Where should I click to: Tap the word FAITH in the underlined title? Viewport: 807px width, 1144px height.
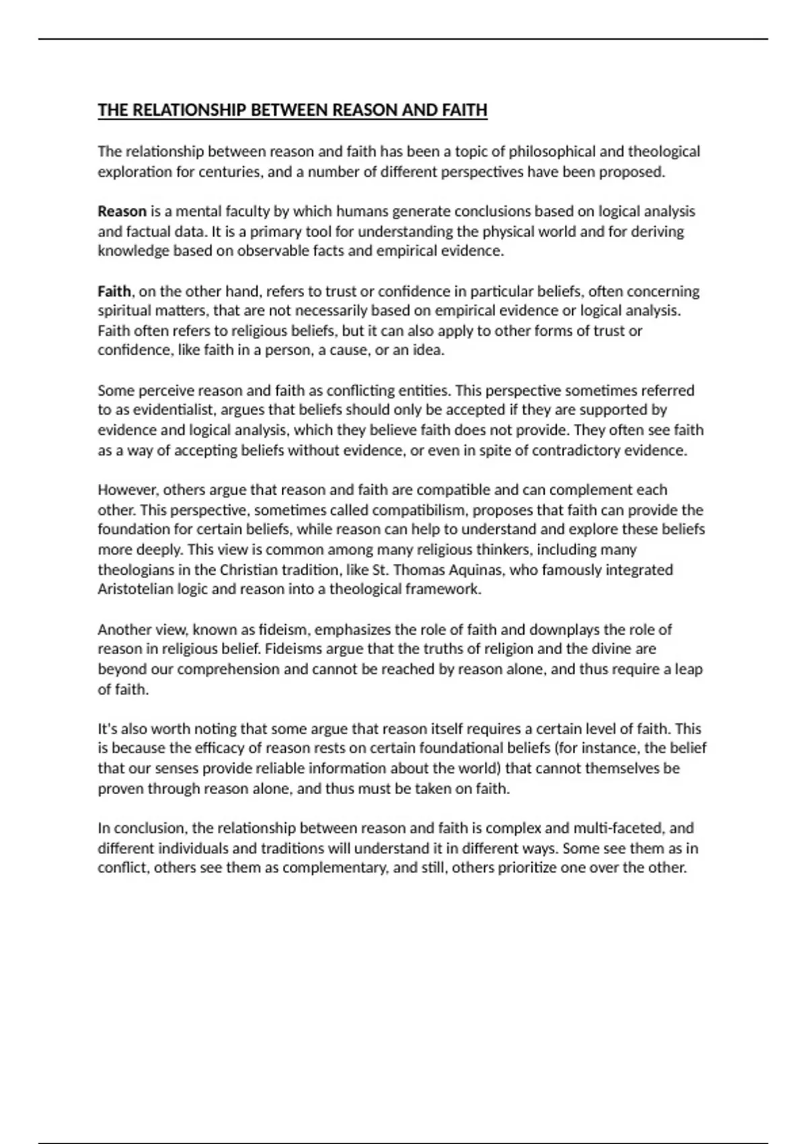point(465,110)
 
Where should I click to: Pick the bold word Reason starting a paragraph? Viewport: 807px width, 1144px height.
point(122,211)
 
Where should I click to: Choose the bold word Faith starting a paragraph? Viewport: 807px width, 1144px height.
point(114,291)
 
